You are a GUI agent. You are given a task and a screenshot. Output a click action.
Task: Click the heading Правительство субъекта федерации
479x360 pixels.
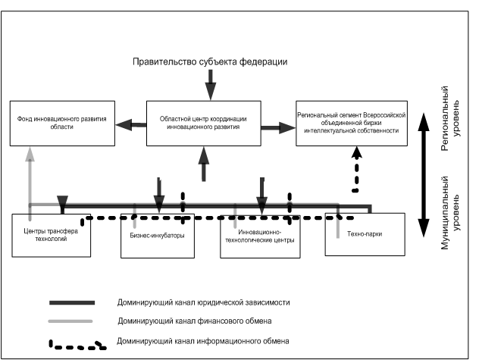(210, 61)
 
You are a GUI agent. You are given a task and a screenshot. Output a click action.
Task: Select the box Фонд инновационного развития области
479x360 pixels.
(62, 123)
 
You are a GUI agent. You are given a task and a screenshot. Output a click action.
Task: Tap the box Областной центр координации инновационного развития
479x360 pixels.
(203, 123)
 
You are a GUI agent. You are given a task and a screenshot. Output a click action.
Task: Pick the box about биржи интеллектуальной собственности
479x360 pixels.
(352, 123)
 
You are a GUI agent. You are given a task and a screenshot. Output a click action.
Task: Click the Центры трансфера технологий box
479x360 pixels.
(51, 235)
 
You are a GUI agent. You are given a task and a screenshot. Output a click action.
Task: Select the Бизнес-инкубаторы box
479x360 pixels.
(158, 236)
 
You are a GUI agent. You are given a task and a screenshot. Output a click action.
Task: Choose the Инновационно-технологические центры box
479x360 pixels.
(260, 236)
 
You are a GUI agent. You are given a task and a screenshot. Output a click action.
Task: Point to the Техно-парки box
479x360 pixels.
(365, 234)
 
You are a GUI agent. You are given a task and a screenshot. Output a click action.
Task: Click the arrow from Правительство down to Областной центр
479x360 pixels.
(211, 85)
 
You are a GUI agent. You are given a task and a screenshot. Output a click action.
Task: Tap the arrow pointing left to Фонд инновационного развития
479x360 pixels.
(131, 124)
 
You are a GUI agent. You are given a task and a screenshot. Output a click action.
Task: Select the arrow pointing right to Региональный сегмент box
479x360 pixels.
(278, 128)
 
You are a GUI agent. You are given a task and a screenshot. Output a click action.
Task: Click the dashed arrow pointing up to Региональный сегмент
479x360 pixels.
(356, 170)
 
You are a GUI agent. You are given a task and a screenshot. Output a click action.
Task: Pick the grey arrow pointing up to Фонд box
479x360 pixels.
(30, 183)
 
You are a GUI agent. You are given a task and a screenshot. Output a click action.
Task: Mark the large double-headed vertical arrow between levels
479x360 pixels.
(424, 175)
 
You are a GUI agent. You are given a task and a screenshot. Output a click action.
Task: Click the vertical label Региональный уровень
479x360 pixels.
(449, 118)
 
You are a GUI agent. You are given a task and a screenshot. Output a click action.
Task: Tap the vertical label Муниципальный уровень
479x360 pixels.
(449, 213)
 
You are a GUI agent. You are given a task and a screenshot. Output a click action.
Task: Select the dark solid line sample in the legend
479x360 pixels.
(72, 303)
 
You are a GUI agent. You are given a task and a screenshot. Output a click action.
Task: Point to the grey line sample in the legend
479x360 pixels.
(70, 321)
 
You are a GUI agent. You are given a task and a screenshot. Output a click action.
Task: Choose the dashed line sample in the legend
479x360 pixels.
(77, 345)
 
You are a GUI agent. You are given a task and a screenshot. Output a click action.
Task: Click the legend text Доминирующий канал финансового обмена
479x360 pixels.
(195, 321)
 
